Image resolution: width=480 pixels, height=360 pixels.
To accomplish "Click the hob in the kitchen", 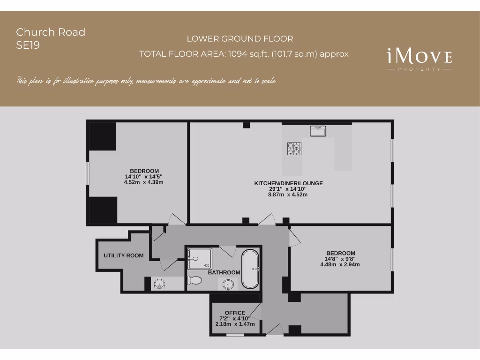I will point(294,149).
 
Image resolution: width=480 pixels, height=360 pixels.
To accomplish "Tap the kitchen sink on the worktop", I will point(318,131).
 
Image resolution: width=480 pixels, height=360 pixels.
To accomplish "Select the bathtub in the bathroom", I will point(250,269).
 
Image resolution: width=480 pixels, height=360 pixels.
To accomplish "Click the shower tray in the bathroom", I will point(200,259).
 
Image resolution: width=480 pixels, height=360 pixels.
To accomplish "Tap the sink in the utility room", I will point(159,284).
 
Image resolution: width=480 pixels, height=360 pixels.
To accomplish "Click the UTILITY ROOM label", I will point(124,255).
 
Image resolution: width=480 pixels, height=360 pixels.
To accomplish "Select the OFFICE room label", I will point(235,313).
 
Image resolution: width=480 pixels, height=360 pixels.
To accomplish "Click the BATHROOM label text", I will point(224,272).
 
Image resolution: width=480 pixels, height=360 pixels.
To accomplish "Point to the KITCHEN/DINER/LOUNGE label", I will point(288,183).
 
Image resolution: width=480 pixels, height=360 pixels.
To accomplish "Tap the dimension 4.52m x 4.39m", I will point(144,182).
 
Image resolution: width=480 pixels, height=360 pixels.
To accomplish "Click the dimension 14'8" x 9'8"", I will point(340,259).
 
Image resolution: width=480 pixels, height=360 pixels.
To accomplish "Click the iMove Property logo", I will point(419,60).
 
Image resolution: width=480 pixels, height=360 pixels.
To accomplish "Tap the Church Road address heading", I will point(51,32).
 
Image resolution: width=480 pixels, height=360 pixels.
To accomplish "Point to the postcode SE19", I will point(28,45).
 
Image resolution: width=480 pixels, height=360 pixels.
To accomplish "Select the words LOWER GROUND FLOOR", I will point(240,39).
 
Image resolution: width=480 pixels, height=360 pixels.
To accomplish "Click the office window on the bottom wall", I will point(235,335).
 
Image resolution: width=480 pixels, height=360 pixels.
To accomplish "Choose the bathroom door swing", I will point(227,251).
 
